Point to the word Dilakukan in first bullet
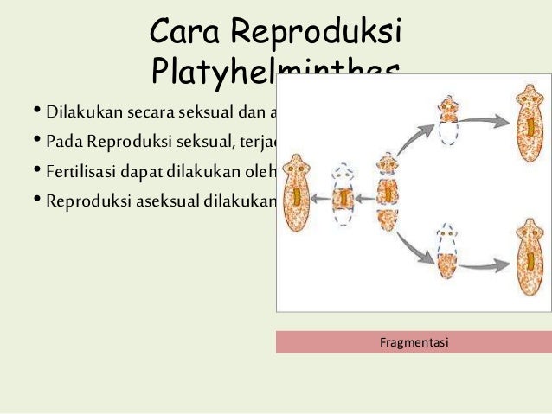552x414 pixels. [86, 113]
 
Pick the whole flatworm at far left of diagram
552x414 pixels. [298, 197]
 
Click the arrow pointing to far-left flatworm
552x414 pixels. [322, 197]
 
